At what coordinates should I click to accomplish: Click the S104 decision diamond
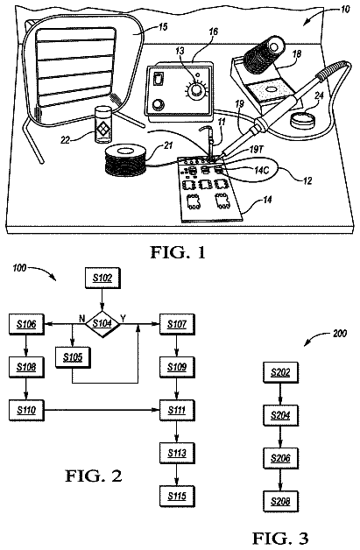pos(102,324)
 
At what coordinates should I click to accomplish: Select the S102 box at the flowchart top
pos(102,279)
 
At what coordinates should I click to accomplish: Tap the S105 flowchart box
pos(73,357)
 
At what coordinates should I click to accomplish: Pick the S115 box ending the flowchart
pos(177,496)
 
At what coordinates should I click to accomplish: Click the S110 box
pos(26,410)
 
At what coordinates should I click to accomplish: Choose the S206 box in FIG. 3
pos(280,458)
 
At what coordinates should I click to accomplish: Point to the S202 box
pos(280,372)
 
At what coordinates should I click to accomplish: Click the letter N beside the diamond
pos(81,319)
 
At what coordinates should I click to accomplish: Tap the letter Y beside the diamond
pos(124,318)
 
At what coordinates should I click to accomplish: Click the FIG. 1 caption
pos(178,252)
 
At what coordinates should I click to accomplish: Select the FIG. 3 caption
pos(280,538)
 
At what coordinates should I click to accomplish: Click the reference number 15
pos(162,26)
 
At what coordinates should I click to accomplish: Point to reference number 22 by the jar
pos(66,140)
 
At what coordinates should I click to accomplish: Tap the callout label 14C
pos(262,170)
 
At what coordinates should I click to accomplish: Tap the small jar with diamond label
pos(103,125)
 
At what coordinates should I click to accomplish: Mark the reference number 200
pos(340,333)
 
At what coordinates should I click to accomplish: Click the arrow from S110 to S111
pos(102,410)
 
